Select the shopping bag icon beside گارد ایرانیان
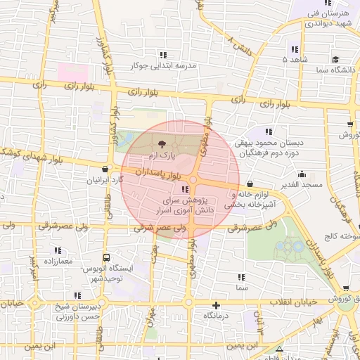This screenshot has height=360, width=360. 105,169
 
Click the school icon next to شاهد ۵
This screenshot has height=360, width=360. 294,49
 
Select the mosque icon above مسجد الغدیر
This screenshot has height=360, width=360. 303,174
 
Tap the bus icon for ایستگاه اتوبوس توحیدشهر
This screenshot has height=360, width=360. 106,258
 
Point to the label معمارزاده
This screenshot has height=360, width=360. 57,260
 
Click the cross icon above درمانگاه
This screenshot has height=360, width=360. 217,306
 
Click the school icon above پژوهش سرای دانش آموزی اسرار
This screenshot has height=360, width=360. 184,190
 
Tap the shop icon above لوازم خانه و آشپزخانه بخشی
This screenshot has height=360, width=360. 231,184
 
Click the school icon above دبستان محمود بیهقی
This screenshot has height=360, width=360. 268,131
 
